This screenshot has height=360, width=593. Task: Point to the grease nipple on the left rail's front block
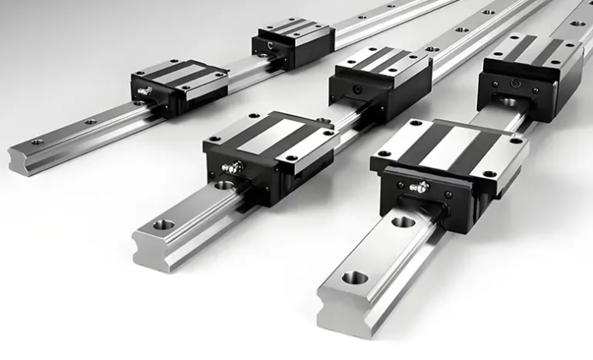145,91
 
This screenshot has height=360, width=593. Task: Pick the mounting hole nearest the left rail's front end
37,142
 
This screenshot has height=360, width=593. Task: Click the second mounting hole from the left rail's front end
91,122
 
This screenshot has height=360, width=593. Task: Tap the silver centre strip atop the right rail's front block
449,147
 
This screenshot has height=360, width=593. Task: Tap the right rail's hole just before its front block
403,222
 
